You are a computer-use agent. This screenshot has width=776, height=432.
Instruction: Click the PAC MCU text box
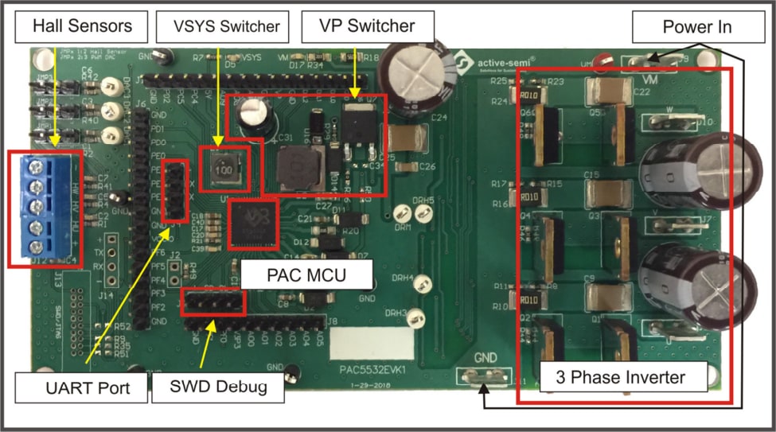pos(306,277)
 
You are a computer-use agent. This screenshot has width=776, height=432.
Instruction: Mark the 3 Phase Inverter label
pos(623,376)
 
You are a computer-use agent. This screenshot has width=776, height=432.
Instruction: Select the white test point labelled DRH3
pos(413,317)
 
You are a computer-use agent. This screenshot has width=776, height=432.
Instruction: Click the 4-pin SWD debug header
pos(213,303)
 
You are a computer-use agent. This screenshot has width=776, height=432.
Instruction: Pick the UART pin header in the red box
pos(174,191)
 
